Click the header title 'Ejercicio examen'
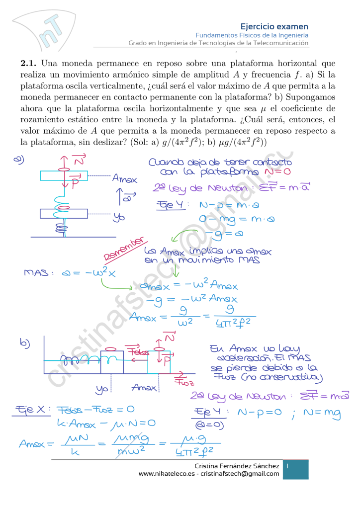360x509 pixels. (x=274, y=26)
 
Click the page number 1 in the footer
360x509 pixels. (x=288, y=466)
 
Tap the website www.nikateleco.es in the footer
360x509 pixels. (x=167, y=474)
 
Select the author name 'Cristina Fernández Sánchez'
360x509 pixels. (x=237, y=466)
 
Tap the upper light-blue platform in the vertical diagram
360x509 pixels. (x=64, y=175)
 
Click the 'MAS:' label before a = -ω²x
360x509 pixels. (x=37, y=273)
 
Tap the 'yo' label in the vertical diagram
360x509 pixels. (x=119, y=217)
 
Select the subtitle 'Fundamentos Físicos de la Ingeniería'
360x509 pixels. (x=252, y=35)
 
